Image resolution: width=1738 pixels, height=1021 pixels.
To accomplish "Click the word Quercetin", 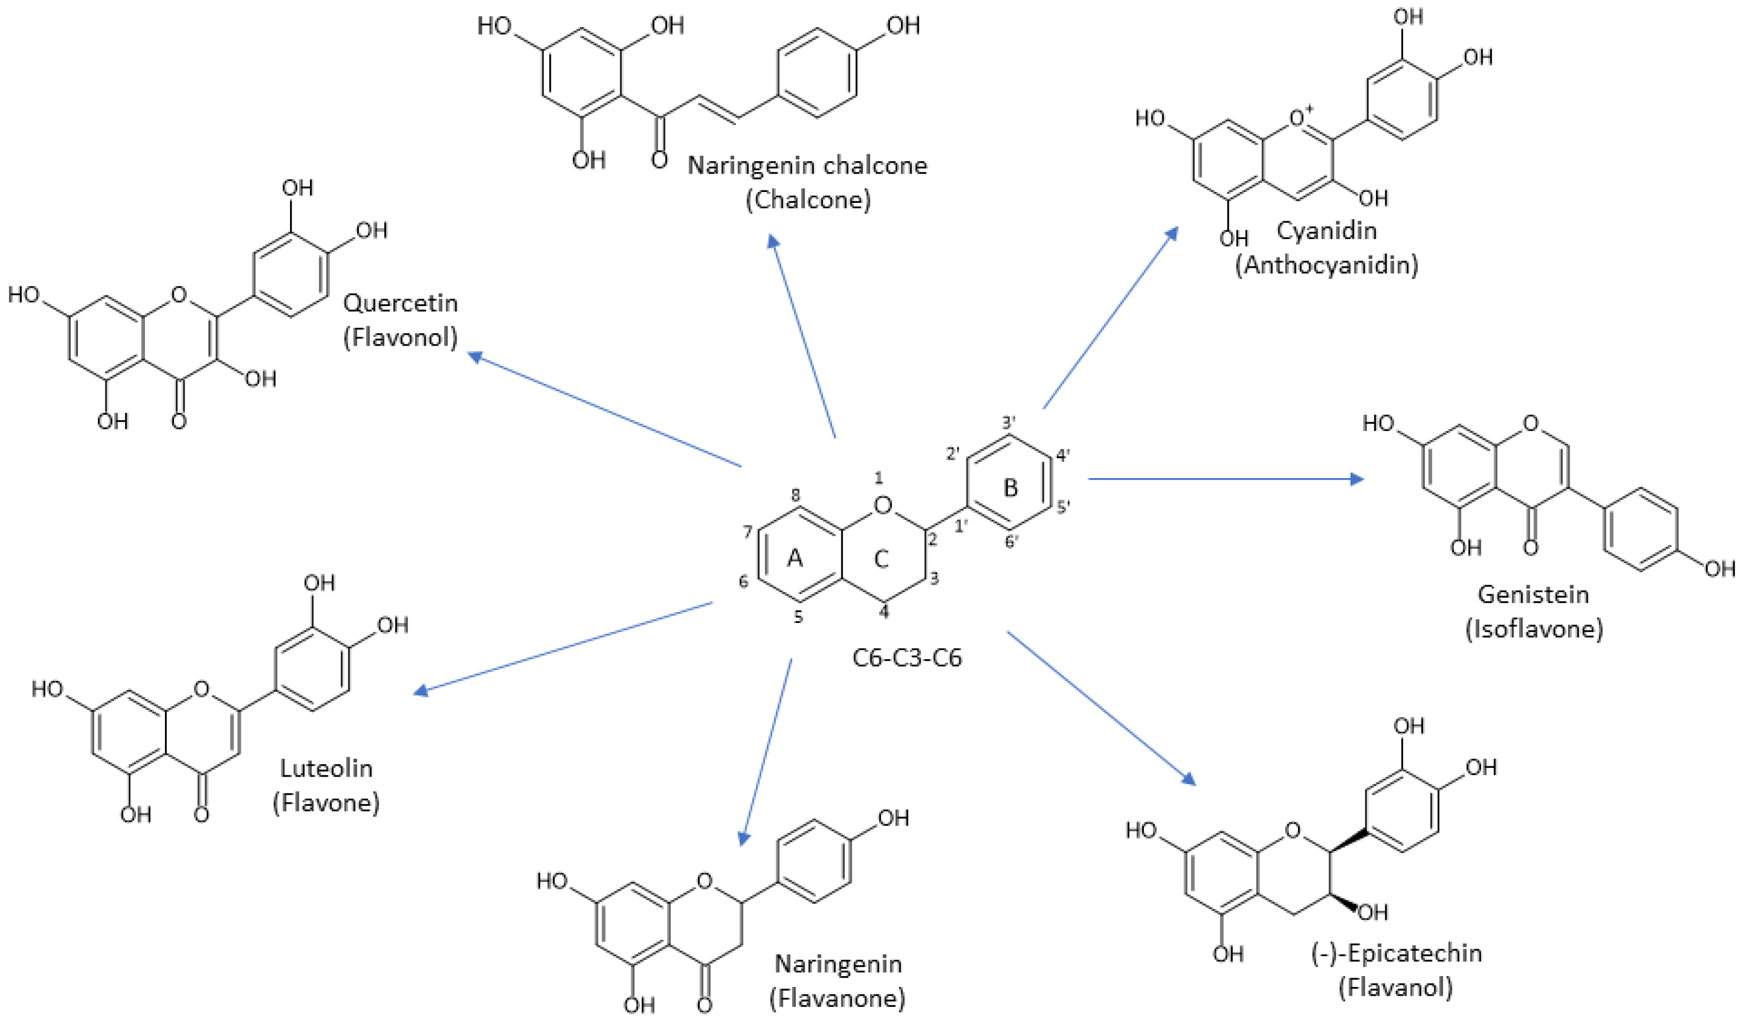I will (x=400, y=303).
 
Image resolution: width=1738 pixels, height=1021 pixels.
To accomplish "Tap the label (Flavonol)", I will (x=400, y=338).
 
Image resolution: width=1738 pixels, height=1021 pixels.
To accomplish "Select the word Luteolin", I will (x=326, y=768).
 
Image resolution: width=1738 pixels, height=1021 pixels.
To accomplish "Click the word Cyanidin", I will (x=1326, y=230).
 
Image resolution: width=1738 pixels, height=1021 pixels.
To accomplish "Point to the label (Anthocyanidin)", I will (x=1326, y=265).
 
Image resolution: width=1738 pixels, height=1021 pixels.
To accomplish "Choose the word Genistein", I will (x=1533, y=594).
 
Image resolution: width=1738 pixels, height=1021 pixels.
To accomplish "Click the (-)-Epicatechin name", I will (x=1396, y=953).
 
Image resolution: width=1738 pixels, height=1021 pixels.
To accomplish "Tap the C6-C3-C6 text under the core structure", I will (x=906, y=658).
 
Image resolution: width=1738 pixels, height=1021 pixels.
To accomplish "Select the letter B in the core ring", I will (x=1010, y=488).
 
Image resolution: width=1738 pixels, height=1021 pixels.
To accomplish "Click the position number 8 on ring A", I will (x=796, y=494).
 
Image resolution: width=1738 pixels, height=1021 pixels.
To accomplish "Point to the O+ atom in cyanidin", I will (x=1301, y=118).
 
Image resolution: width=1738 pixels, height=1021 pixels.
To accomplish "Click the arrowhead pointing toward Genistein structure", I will (x=1357, y=479).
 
